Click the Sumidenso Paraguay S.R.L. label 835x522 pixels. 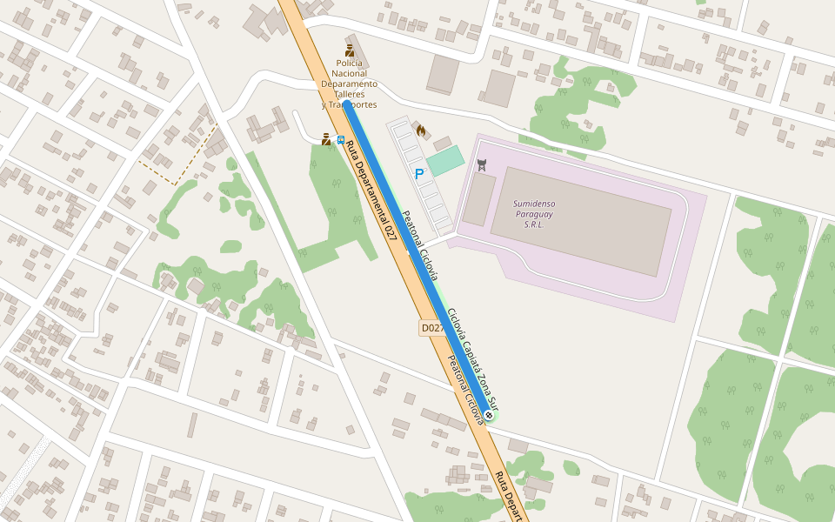534,214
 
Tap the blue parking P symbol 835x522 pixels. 419,174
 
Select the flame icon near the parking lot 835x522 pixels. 421,130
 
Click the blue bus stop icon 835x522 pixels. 340,139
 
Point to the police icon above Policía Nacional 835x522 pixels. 350,50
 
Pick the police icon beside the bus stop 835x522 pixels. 326,139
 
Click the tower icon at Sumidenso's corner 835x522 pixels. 481,164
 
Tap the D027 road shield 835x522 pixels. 432,328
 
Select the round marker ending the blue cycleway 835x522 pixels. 491,416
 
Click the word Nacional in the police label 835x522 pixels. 350,73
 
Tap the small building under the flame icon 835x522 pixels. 443,143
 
